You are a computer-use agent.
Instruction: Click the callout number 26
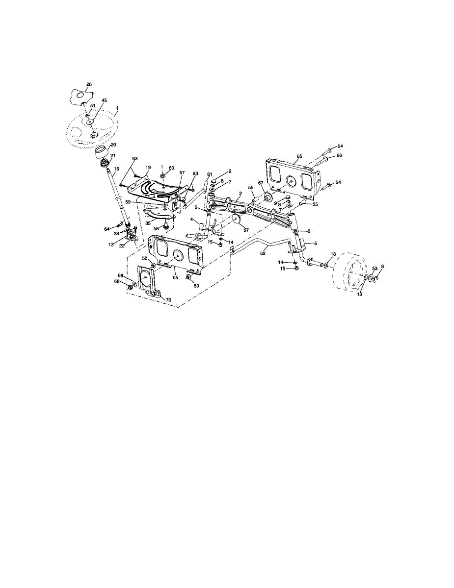click(89, 84)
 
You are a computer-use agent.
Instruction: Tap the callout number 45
click(104, 100)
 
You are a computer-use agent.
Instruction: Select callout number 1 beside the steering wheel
click(117, 108)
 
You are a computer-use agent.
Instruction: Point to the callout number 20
click(113, 145)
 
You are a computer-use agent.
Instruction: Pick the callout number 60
click(171, 168)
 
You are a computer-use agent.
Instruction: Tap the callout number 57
click(182, 173)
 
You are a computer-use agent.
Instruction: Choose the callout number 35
click(147, 222)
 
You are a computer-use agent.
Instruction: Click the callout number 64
click(107, 229)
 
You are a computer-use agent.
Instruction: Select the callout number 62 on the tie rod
click(263, 253)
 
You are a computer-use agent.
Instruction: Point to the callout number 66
click(339, 156)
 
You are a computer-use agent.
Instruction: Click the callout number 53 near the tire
click(374, 269)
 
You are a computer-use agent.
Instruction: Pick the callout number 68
click(117, 281)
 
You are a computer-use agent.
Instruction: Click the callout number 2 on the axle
click(240, 194)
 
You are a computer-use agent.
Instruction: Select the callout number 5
click(316, 244)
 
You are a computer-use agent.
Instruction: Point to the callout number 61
click(210, 174)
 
